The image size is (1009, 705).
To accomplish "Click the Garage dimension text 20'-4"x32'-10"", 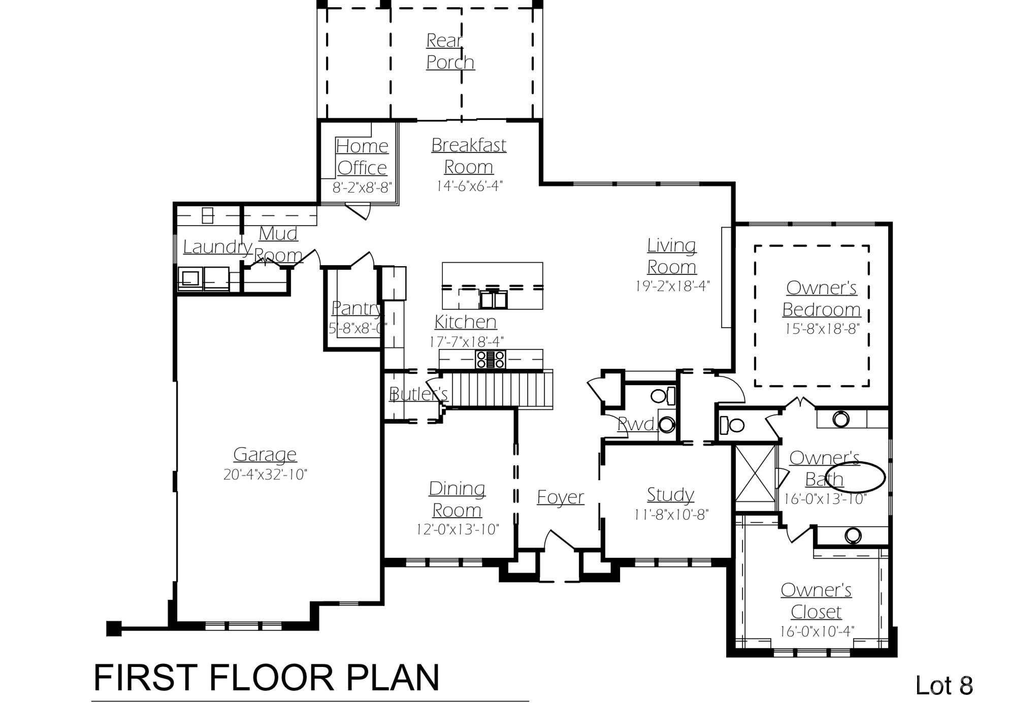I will tap(265, 474).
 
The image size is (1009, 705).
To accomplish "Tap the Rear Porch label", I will tap(450, 51).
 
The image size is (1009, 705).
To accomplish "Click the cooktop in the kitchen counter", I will tap(490, 359).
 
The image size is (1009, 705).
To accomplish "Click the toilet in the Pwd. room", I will tap(662, 396).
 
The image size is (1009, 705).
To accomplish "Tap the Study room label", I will tap(670, 494).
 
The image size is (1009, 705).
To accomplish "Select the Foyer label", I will tap(560, 497).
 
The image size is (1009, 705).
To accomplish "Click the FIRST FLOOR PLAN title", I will tap(266, 678).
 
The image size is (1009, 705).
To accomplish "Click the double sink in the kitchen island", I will tap(493, 300).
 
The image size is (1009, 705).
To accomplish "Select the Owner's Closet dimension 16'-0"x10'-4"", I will tap(817, 631).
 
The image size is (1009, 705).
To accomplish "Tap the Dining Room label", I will tap(457, 499).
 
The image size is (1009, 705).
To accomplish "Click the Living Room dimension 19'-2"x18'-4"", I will tap(671, 286).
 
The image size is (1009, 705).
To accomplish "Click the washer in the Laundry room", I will tap(190, 279).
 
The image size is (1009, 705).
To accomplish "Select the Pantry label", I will tap(356, 308).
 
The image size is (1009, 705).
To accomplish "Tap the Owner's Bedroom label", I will tap(821, 299).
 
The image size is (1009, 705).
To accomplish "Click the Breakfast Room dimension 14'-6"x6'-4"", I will tap(469, 186).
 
